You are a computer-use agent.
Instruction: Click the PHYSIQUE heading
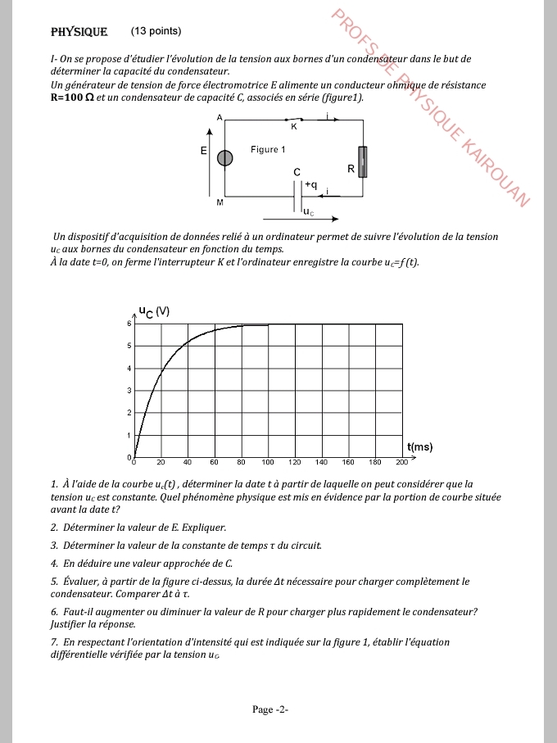pyautogui.click(x=79, y=32)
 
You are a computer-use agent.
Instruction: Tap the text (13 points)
pyautogui.click(x=156, y=31)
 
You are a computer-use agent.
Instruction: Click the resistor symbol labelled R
pyautogui.click(x=363, y=163)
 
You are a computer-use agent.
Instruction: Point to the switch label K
pyautogui.click(x=293, y=127)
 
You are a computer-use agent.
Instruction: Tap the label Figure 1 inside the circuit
pyautogui.click(x=268, y=150)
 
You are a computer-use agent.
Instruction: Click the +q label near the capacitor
pyautogui.click(x=311, y=185)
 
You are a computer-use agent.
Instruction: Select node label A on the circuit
pyautogui.click(x=220, y=118)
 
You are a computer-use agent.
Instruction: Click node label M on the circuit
pyautogui.click(x=220, y=201)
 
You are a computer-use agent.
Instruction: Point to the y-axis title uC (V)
pyautogui.click(x=153, y=311)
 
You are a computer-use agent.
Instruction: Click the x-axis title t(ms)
pyautogui.click(x=419, y=446)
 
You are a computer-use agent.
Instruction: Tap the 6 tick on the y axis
pyautogui.click(x=129, y=324)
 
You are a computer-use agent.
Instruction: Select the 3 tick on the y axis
pyautogui.click(x=129, y=391)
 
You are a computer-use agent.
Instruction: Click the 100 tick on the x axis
pyautogui.click(x=268, y=463)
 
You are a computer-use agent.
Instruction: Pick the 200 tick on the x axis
pyautogui.click(x=402, y=463)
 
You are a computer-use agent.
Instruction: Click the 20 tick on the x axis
pyautogui.click(x=161, y=463)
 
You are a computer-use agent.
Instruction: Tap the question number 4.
pyautogui.click(x=53, y=563)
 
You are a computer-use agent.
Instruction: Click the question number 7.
pyautogui.click(x=53, y=642)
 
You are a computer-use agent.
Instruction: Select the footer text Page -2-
pyautogui.click(x=269, y=709)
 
